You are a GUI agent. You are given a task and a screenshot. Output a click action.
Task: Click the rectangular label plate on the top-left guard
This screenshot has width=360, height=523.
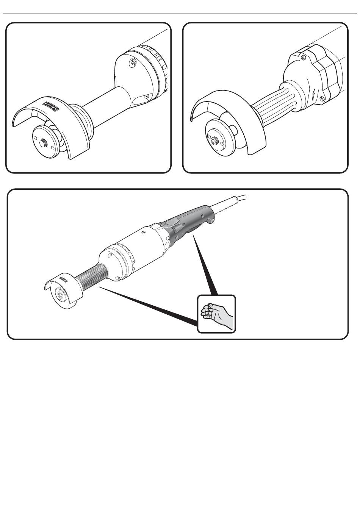pos(50,106)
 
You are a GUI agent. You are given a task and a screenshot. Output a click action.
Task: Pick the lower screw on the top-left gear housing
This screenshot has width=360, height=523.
pos(146,97)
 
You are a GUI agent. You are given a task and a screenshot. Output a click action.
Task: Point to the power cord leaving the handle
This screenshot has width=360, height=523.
pos(235,200)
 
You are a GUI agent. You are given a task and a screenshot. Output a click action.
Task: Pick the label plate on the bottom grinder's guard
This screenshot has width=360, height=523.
pos(63,280)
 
